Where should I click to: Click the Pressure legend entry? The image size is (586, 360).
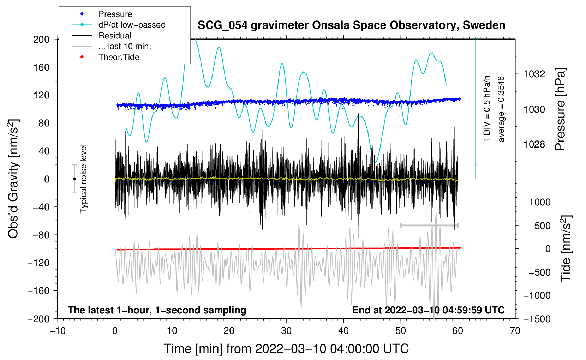tap(115, 14)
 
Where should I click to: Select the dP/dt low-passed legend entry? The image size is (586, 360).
tap(132, 25)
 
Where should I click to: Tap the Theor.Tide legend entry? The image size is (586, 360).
tap(119, 57)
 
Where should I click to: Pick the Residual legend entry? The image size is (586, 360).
tap(115, 36)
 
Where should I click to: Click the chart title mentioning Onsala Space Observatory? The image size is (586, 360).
tap(351, 25)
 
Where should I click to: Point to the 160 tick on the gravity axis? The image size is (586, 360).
tap(41, 67)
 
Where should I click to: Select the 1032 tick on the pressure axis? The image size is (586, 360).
tap(534, 74)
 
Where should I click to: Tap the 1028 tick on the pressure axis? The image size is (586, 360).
tap(534, 144)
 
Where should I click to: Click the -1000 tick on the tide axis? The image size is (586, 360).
tap(537, 295)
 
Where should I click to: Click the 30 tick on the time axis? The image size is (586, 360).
tap(286, 331)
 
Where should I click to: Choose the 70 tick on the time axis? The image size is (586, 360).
tap(515, 331)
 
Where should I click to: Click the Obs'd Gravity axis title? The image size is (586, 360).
tap(13, 179)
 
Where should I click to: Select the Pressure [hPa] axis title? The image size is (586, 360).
tap(560, 109)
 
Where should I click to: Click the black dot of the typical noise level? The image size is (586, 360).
tap(74, 179)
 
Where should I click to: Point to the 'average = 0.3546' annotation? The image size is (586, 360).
tap(501, 109)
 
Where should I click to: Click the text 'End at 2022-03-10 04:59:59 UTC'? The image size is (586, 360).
tap(428, 310)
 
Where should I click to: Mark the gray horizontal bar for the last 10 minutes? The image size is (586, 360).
tap(429, 225)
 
